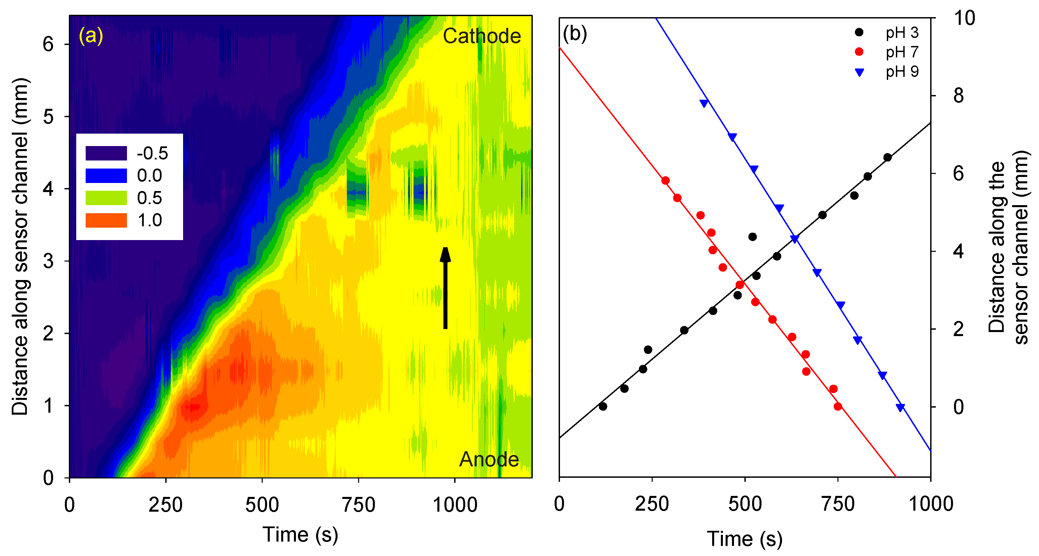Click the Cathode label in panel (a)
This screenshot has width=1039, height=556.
[x=482, y=36]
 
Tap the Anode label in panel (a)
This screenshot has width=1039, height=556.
[x=489, y=459]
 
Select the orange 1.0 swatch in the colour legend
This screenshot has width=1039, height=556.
[x=106, y=221]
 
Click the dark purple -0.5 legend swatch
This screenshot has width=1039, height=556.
[x=106, y=153]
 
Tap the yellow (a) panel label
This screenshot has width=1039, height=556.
[x=91, y=36]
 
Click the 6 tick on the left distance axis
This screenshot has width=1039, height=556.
[x=48, y=44]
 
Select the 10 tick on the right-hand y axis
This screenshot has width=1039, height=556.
[x=964, y=18]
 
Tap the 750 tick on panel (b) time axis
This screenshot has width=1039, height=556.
[x=838, y=504]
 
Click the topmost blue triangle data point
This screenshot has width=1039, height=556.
[x=704, y=103]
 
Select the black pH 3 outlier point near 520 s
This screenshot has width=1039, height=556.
[x=752, y=237]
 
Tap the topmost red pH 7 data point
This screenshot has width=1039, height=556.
[x=665, y=181]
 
